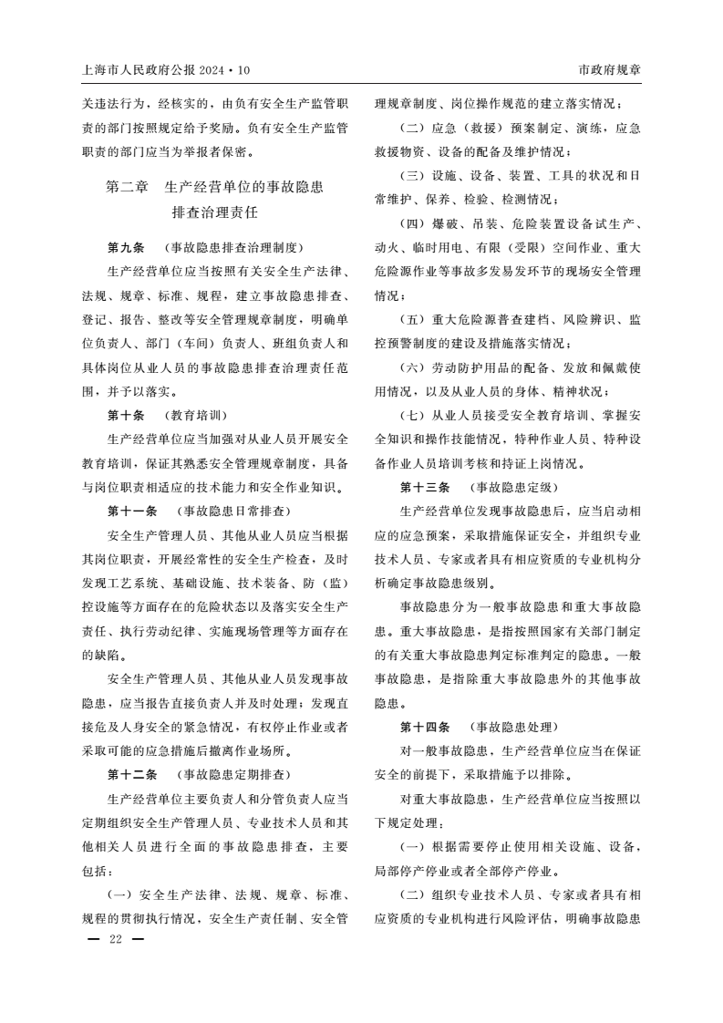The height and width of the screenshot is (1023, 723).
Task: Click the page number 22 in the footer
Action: pyautogui.click(x=115, y=939)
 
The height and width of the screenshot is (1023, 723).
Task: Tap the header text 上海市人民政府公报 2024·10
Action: pyautogui.click(x=165, y=70)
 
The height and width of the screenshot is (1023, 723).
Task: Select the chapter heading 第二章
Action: pyautogui.click(x=127, y=189)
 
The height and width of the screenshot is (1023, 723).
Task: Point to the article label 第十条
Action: pyautogui.click(x=126, y=414)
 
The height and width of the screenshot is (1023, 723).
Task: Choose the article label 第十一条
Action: pyautogui.click(x=132, y=511)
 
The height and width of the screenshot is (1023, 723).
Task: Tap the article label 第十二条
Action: pyautogui.click(x=132, y=775)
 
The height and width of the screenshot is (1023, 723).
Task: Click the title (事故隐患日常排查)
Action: pyautogui.click(x=233, y=511)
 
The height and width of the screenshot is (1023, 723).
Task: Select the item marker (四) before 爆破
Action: pyautogui.click(x=412, y=223)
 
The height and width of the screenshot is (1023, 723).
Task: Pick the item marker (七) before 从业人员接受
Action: pyautogui.click(x=412, y=416)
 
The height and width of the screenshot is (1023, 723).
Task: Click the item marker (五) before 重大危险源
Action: pyautogui.click(x=412, y=320)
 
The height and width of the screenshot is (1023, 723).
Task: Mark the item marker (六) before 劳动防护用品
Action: pyautogui.click(x=412, y=368)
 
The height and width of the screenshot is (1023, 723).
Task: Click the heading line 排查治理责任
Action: pyautogui.click(x=215, y=213)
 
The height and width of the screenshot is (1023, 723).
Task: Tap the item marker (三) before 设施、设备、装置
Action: pyautogui.click(x=412, y=175)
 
